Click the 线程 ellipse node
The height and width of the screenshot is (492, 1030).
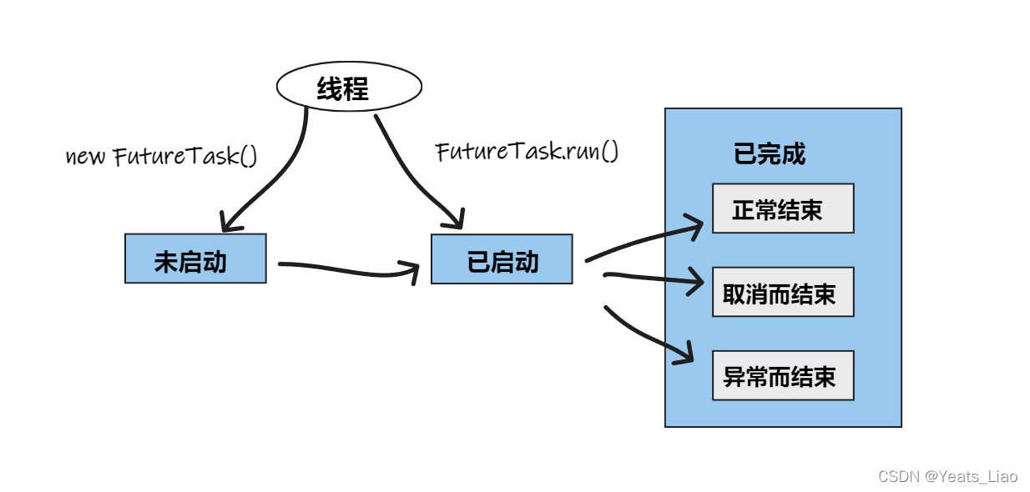click(349, 88)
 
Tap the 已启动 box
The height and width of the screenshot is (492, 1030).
click(502, 259)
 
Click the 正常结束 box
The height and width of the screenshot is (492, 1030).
click(782, 208)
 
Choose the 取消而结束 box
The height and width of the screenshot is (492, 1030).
click(782, 293)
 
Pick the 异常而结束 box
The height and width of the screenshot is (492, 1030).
click(782, 376)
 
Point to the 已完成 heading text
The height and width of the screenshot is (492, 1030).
click(769, 154)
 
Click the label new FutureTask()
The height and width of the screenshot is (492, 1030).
click(161, 156)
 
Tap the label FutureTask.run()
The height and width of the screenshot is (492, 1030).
click(527, 152)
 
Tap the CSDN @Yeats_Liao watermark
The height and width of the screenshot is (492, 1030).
click(947, 476)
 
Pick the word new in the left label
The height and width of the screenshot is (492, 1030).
click(86, 157)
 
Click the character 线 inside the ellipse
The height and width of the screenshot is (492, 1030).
click(330, 89)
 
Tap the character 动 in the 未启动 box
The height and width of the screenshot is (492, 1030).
click(215, 262)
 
